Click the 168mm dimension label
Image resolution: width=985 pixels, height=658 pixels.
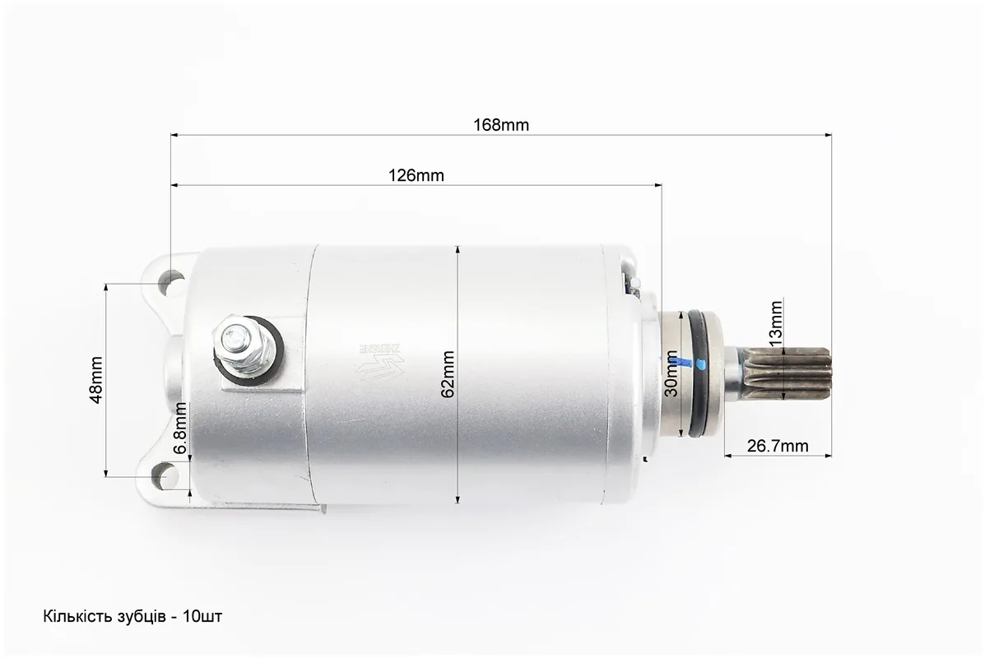[500, 124]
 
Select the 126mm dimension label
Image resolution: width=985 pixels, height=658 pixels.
[416, 175]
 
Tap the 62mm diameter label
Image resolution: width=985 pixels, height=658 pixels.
[448, 374]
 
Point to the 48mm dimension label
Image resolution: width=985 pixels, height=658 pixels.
[96, 380]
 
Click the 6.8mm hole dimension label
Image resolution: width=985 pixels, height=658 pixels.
[180, 429]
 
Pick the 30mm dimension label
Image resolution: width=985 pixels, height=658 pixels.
[671, 373]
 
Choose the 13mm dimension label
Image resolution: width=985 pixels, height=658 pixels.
[776, 323]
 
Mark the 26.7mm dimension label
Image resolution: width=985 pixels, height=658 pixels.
[778, 446]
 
